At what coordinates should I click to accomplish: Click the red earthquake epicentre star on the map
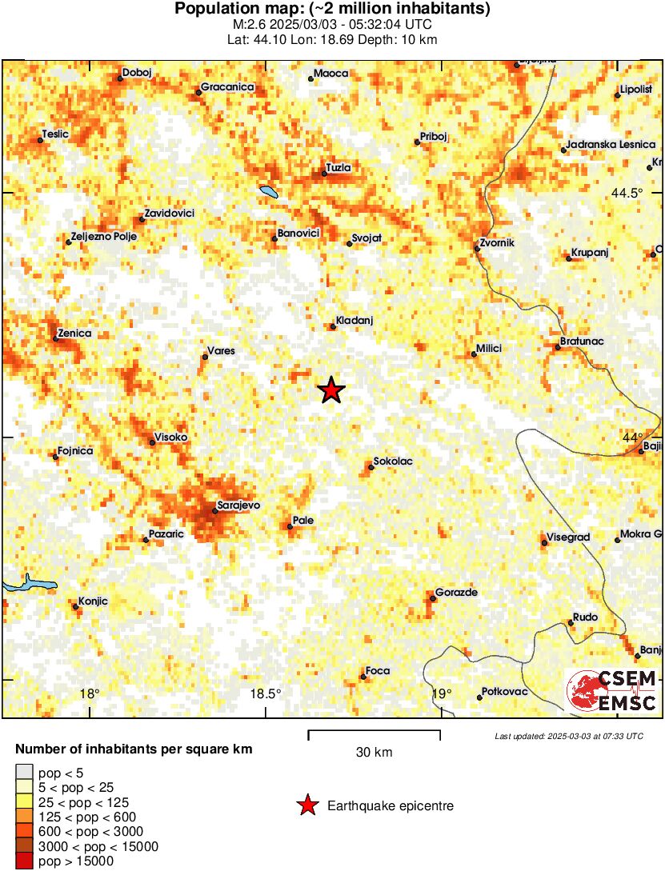(x=331, y=390)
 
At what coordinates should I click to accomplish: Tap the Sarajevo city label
(x=239, y=505)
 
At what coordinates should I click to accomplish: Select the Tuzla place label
(x=338, y=168)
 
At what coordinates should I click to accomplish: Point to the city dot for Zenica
(x=55, y=339)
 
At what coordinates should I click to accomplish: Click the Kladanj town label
(x=355, y=321)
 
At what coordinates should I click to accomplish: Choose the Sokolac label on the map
(x=393, y=461)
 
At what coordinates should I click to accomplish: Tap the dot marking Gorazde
(x=432, y=598)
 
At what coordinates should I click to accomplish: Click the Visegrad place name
(x=568, y=537)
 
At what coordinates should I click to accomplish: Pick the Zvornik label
(x=496, y=242)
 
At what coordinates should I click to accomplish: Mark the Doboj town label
(x=138, y=73)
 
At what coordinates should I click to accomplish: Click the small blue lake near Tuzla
(x=268, y=192)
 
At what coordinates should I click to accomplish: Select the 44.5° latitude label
(x=627, y=193)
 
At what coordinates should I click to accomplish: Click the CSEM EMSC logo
(x=612, y=690)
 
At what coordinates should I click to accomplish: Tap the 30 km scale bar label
(x=374, y=752)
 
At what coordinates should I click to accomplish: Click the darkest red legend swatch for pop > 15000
(x=24, y=861)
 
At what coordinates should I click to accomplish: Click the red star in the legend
(x=306, y=805)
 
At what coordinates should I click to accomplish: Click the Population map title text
(x=332, y=10)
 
